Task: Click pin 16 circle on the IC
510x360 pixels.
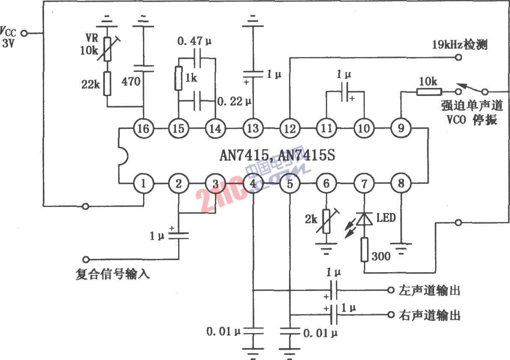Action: (143, 128)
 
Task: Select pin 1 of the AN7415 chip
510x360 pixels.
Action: (143, 183)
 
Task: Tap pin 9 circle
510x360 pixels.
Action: (401, 128)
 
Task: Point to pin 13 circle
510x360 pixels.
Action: (253, 128)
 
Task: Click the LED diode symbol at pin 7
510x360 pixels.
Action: (364, 219)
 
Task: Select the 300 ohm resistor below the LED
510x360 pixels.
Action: (364, 250)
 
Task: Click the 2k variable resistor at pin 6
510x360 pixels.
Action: (326, 221)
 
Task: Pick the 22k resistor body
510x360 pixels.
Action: (107, 84)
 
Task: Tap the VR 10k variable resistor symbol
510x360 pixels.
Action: (107, 49)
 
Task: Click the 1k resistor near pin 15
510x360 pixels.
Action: (178, 78)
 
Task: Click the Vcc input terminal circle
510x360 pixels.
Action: (24, 33)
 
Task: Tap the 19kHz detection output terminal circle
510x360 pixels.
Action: (458, 57)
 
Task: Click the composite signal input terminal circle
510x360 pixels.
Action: (86, 259)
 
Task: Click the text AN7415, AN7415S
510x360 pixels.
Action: (277, 155)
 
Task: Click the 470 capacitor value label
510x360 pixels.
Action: (131, 81)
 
